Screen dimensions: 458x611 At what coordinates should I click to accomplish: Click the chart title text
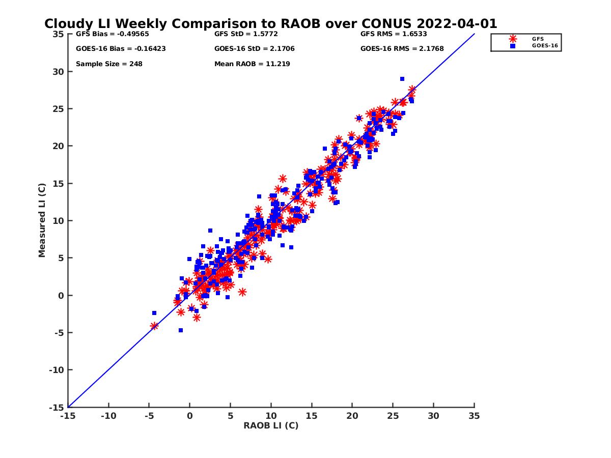(x=270, y=24)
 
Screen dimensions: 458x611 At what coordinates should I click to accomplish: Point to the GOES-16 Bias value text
(x=121, y=49)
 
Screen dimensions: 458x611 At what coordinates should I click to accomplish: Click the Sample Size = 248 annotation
(x=109, y=64)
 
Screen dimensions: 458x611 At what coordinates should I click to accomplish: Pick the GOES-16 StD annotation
(x=255, y=49)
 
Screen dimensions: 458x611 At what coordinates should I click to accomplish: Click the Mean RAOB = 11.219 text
(x=252, y=64)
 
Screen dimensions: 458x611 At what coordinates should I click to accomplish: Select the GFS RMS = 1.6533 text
(x=394, y=34)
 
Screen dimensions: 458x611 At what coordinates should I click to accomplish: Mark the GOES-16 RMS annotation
(x=402, y=49)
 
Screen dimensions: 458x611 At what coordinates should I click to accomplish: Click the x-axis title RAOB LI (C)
(x=271, y=425)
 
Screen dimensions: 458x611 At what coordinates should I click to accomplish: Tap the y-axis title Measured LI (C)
(x=42, y=220)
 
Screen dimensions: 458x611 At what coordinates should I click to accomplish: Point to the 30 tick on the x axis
(x=433, y=416)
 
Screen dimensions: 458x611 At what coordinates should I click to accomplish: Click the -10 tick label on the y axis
(x=56, y=370)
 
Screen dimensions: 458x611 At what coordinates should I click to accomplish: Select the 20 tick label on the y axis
(x=58, y=146)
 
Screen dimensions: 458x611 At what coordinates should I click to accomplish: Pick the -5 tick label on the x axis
(x=149, y=416)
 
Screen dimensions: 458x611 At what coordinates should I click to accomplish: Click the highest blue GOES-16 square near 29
(x=402, y=79)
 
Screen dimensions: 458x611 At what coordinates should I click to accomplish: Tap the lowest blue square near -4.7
(x=181, y=330)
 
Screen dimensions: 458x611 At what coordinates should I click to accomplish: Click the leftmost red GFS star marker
(x=154, y=326)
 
